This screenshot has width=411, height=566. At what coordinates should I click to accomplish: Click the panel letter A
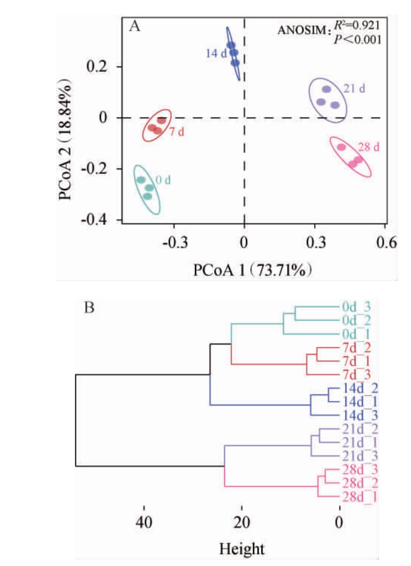pyautogui.click(x=134, y=26)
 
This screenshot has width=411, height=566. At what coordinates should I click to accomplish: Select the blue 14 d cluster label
pyautogui.click(x=215, y=52)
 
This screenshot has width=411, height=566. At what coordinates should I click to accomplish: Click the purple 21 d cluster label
pyautogui.click(x=354, y=89)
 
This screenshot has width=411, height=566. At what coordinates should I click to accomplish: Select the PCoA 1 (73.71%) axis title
pyautogui.click(x=253, y=270)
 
